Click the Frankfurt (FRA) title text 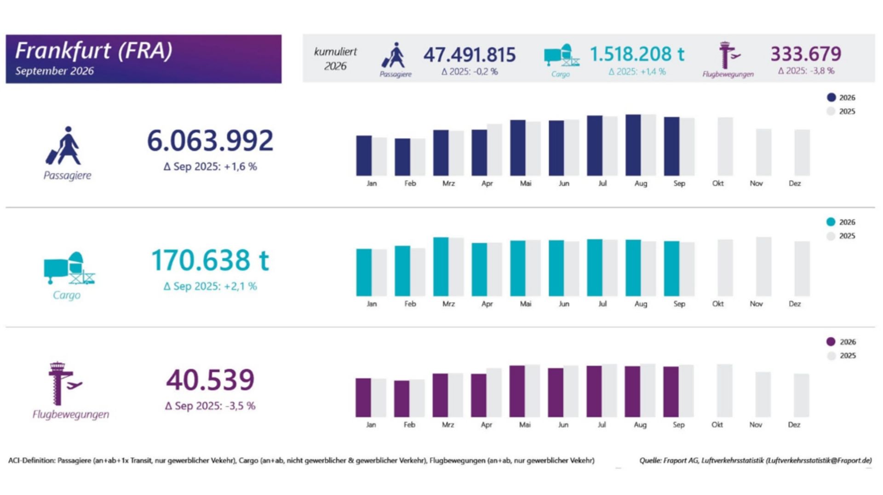94,51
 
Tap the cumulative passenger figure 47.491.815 470,55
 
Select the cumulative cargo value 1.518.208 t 637,54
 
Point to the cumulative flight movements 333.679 806,54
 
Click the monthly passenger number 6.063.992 210,140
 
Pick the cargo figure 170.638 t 210,260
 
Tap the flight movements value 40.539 210,380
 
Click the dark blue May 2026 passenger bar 518,148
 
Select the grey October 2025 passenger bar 725,146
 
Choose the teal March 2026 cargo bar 441,267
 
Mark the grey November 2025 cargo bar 764,266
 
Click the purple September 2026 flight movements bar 671,392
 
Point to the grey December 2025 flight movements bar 802,396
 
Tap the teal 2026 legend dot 831,222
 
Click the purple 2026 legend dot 831,342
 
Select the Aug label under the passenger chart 641,184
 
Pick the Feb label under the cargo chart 410,304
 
